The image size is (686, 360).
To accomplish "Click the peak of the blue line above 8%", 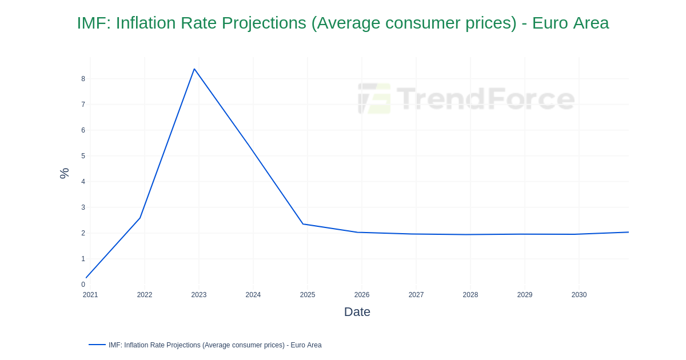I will (194, 69).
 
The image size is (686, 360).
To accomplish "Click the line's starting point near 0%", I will (86, 278).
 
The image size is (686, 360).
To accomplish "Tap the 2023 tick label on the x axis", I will (199, 295).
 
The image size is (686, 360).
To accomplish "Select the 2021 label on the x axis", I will (90, 295).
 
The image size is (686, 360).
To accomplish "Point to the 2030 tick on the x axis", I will (579, 295).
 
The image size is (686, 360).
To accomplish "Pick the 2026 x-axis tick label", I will (362, 295).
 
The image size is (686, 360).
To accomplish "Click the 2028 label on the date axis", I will (470, 295).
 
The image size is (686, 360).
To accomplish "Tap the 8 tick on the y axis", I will (83, 79).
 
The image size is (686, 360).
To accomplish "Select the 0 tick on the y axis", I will (83, 285).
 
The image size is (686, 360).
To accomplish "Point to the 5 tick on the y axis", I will (83, 156).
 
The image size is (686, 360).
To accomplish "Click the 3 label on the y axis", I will (83, 207).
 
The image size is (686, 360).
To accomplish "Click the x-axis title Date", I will (357, 312).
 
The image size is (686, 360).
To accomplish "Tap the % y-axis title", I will (64, 173).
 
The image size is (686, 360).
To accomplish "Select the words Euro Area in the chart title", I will (571, 23).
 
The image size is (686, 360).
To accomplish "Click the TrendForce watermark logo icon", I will (374, 98).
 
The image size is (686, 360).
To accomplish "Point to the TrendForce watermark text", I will (485, 98).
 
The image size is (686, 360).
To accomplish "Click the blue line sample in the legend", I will (97, 345).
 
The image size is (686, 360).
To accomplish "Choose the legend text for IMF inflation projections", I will (215, 345).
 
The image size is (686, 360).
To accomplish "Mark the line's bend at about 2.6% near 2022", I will (140, 218).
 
